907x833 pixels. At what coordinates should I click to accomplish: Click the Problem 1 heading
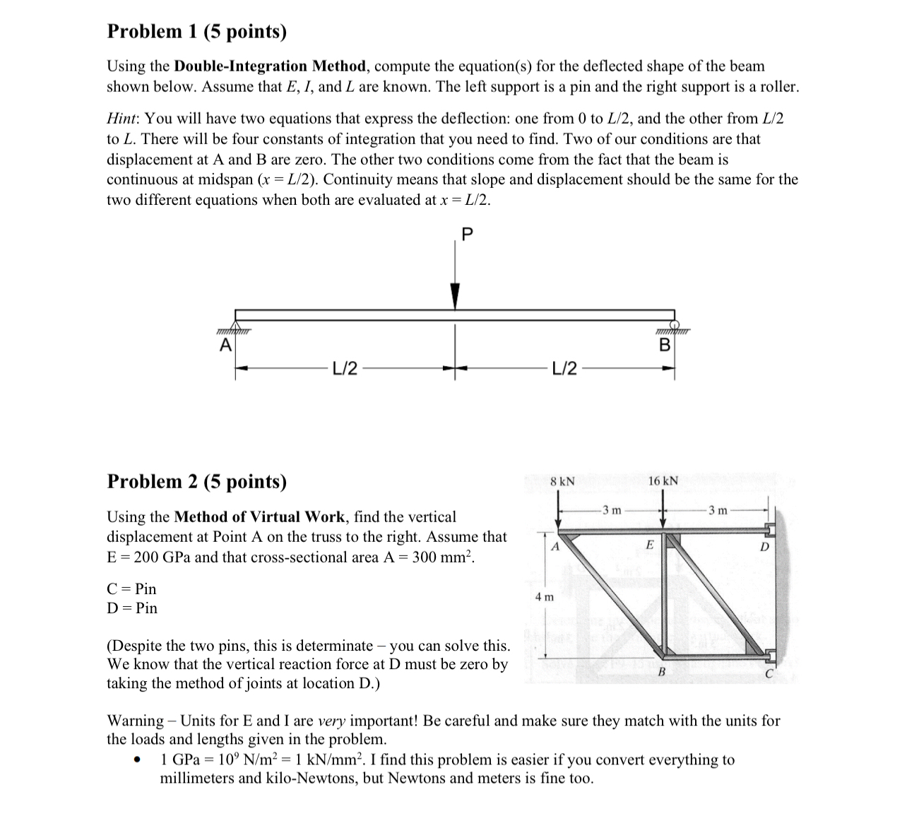[x=196, y=32]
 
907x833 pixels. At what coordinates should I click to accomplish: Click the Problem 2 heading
[x=196, y=482]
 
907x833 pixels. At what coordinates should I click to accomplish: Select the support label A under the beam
[x=225, y=345]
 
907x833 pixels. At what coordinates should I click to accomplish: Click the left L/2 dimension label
[x=345, y=368]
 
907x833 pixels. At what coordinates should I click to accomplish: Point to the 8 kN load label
[x=562, y=481]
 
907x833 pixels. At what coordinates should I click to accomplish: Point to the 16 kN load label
[x=663, y=481]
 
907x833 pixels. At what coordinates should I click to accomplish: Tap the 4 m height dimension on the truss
[x=543, y=596]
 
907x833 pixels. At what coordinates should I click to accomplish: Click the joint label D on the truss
[x=764, y=547]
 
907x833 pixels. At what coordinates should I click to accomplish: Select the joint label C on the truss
[x=769, y=673]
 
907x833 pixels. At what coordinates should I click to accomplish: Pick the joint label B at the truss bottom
[x=662, y=671]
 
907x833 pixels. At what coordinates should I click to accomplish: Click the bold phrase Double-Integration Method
[x=270, y=66]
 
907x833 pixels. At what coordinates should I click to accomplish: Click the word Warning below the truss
[x=135, y=721]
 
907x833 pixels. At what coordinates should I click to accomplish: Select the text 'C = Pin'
[x=132, y=589]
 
